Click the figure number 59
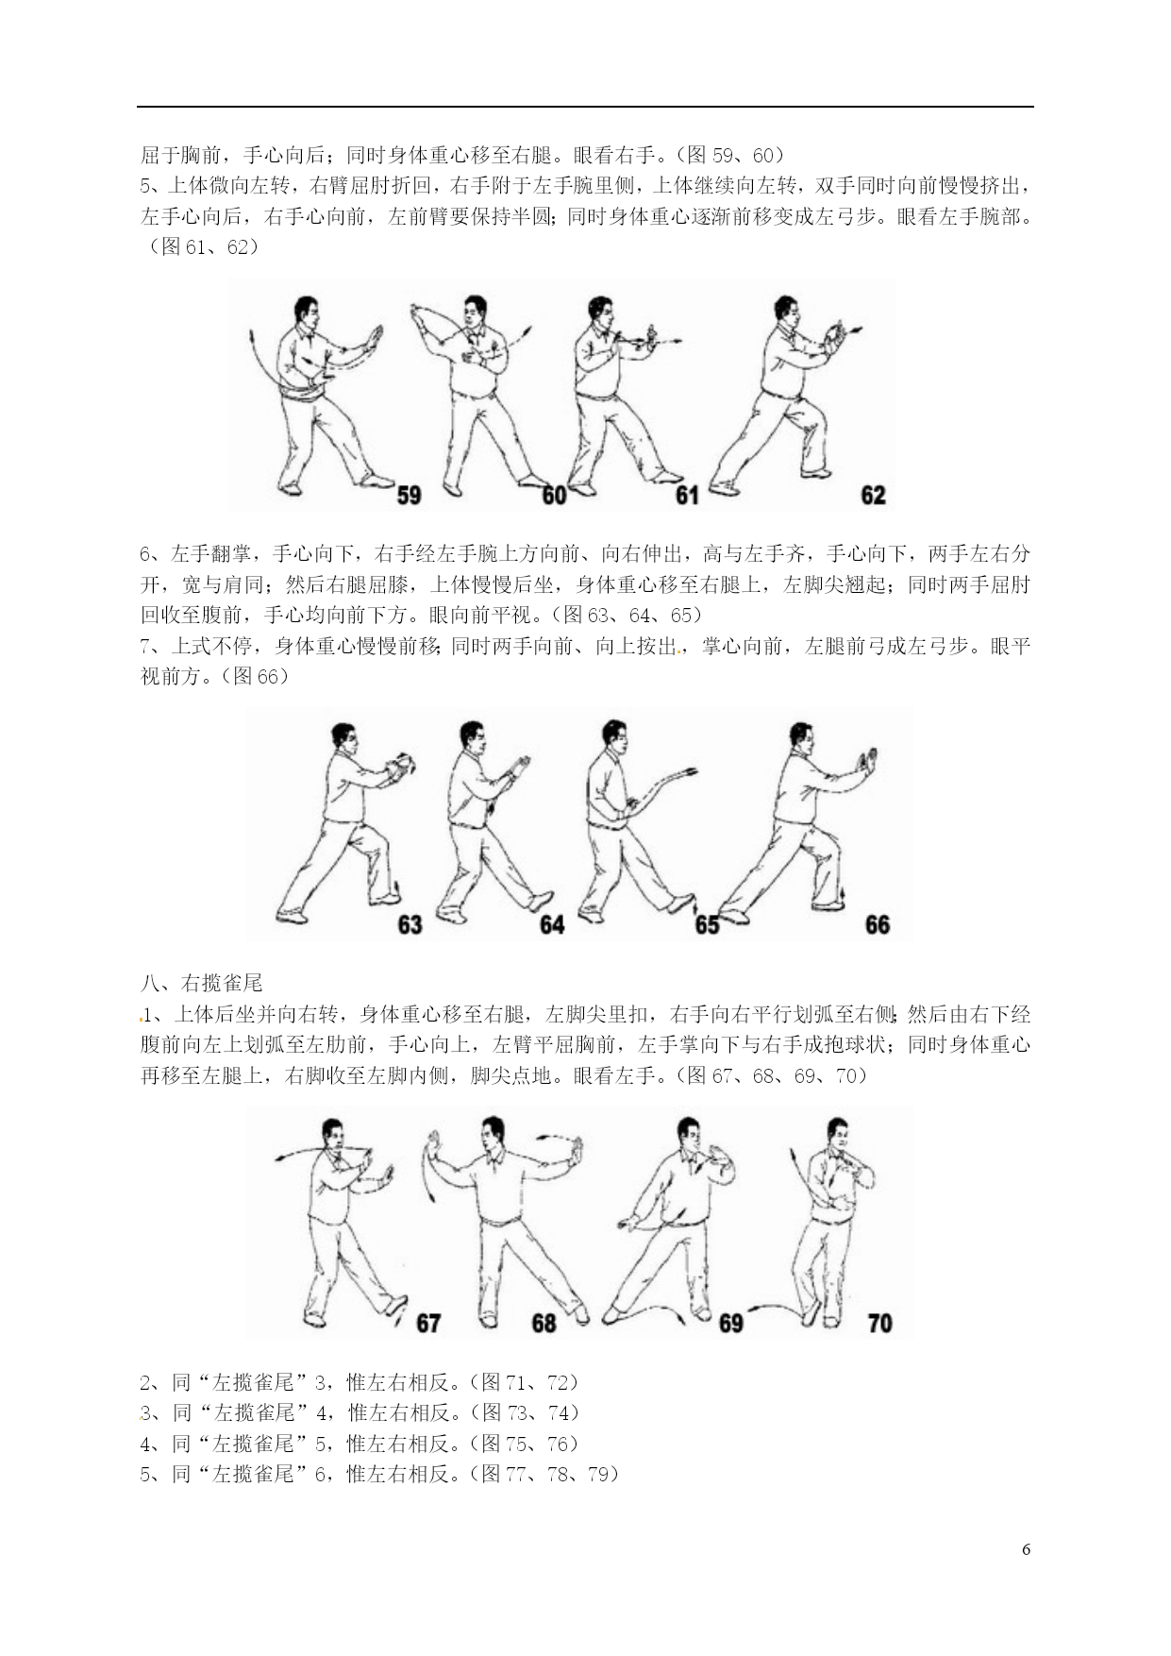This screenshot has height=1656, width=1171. click(x=409, y=494)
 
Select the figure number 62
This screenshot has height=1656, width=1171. click(x=873, y=494)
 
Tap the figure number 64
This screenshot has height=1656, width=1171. click(x=551, y=923)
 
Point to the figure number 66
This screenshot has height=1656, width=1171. click(x=877, y=923)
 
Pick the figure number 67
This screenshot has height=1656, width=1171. click(x=428, y=1324)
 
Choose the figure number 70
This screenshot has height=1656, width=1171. click(x=878, y=1324)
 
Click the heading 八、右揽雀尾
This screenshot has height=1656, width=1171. click(x=201, y=983)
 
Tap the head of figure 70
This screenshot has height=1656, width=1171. click(x=836, y=1135)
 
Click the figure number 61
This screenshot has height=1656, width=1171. click(x=687, y=494)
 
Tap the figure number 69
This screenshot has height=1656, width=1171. click(x=731, y=1324)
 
